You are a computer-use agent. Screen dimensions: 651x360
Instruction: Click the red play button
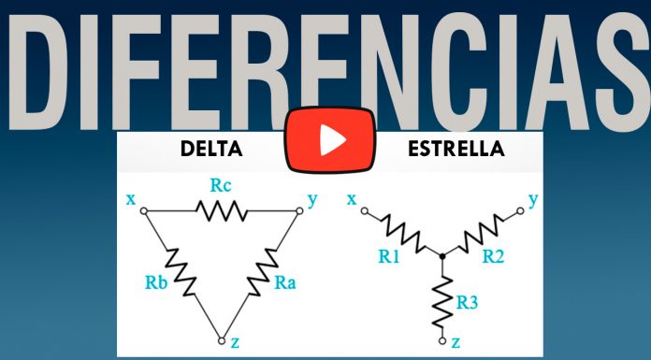330,140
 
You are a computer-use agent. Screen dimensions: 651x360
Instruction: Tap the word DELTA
211,149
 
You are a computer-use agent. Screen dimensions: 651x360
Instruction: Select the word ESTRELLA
456,149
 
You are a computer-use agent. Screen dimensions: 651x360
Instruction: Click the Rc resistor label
221,185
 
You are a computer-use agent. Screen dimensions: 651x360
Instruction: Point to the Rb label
156,282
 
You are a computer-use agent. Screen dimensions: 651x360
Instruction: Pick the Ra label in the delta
285,282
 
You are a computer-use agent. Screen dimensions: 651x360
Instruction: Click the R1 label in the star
388,256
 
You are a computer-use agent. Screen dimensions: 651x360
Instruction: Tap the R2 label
493,256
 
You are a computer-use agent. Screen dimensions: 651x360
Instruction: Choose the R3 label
467,302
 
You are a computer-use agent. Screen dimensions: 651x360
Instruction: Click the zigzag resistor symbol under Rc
222,210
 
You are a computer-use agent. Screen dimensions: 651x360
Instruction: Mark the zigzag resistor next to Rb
181,272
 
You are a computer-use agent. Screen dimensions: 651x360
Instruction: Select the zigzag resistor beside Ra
263,272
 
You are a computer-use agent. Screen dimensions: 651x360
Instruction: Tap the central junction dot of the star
442,256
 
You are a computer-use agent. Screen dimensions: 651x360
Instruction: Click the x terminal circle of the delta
144,211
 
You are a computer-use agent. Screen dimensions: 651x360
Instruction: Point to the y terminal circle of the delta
299,211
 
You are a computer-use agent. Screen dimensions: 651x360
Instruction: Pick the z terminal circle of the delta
222,341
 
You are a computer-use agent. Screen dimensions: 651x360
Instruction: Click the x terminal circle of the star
365,211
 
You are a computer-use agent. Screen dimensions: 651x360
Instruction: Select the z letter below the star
456,342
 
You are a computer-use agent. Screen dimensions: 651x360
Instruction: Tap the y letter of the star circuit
533,200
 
